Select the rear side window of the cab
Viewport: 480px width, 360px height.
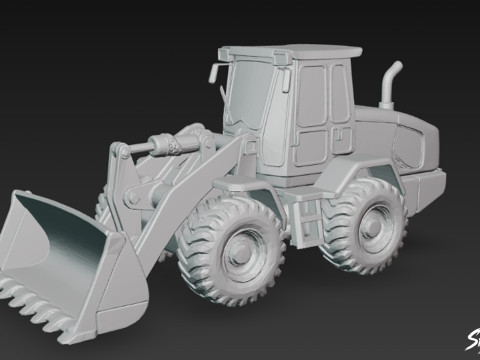click(338, 95)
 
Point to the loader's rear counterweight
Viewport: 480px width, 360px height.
click(430, 185)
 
